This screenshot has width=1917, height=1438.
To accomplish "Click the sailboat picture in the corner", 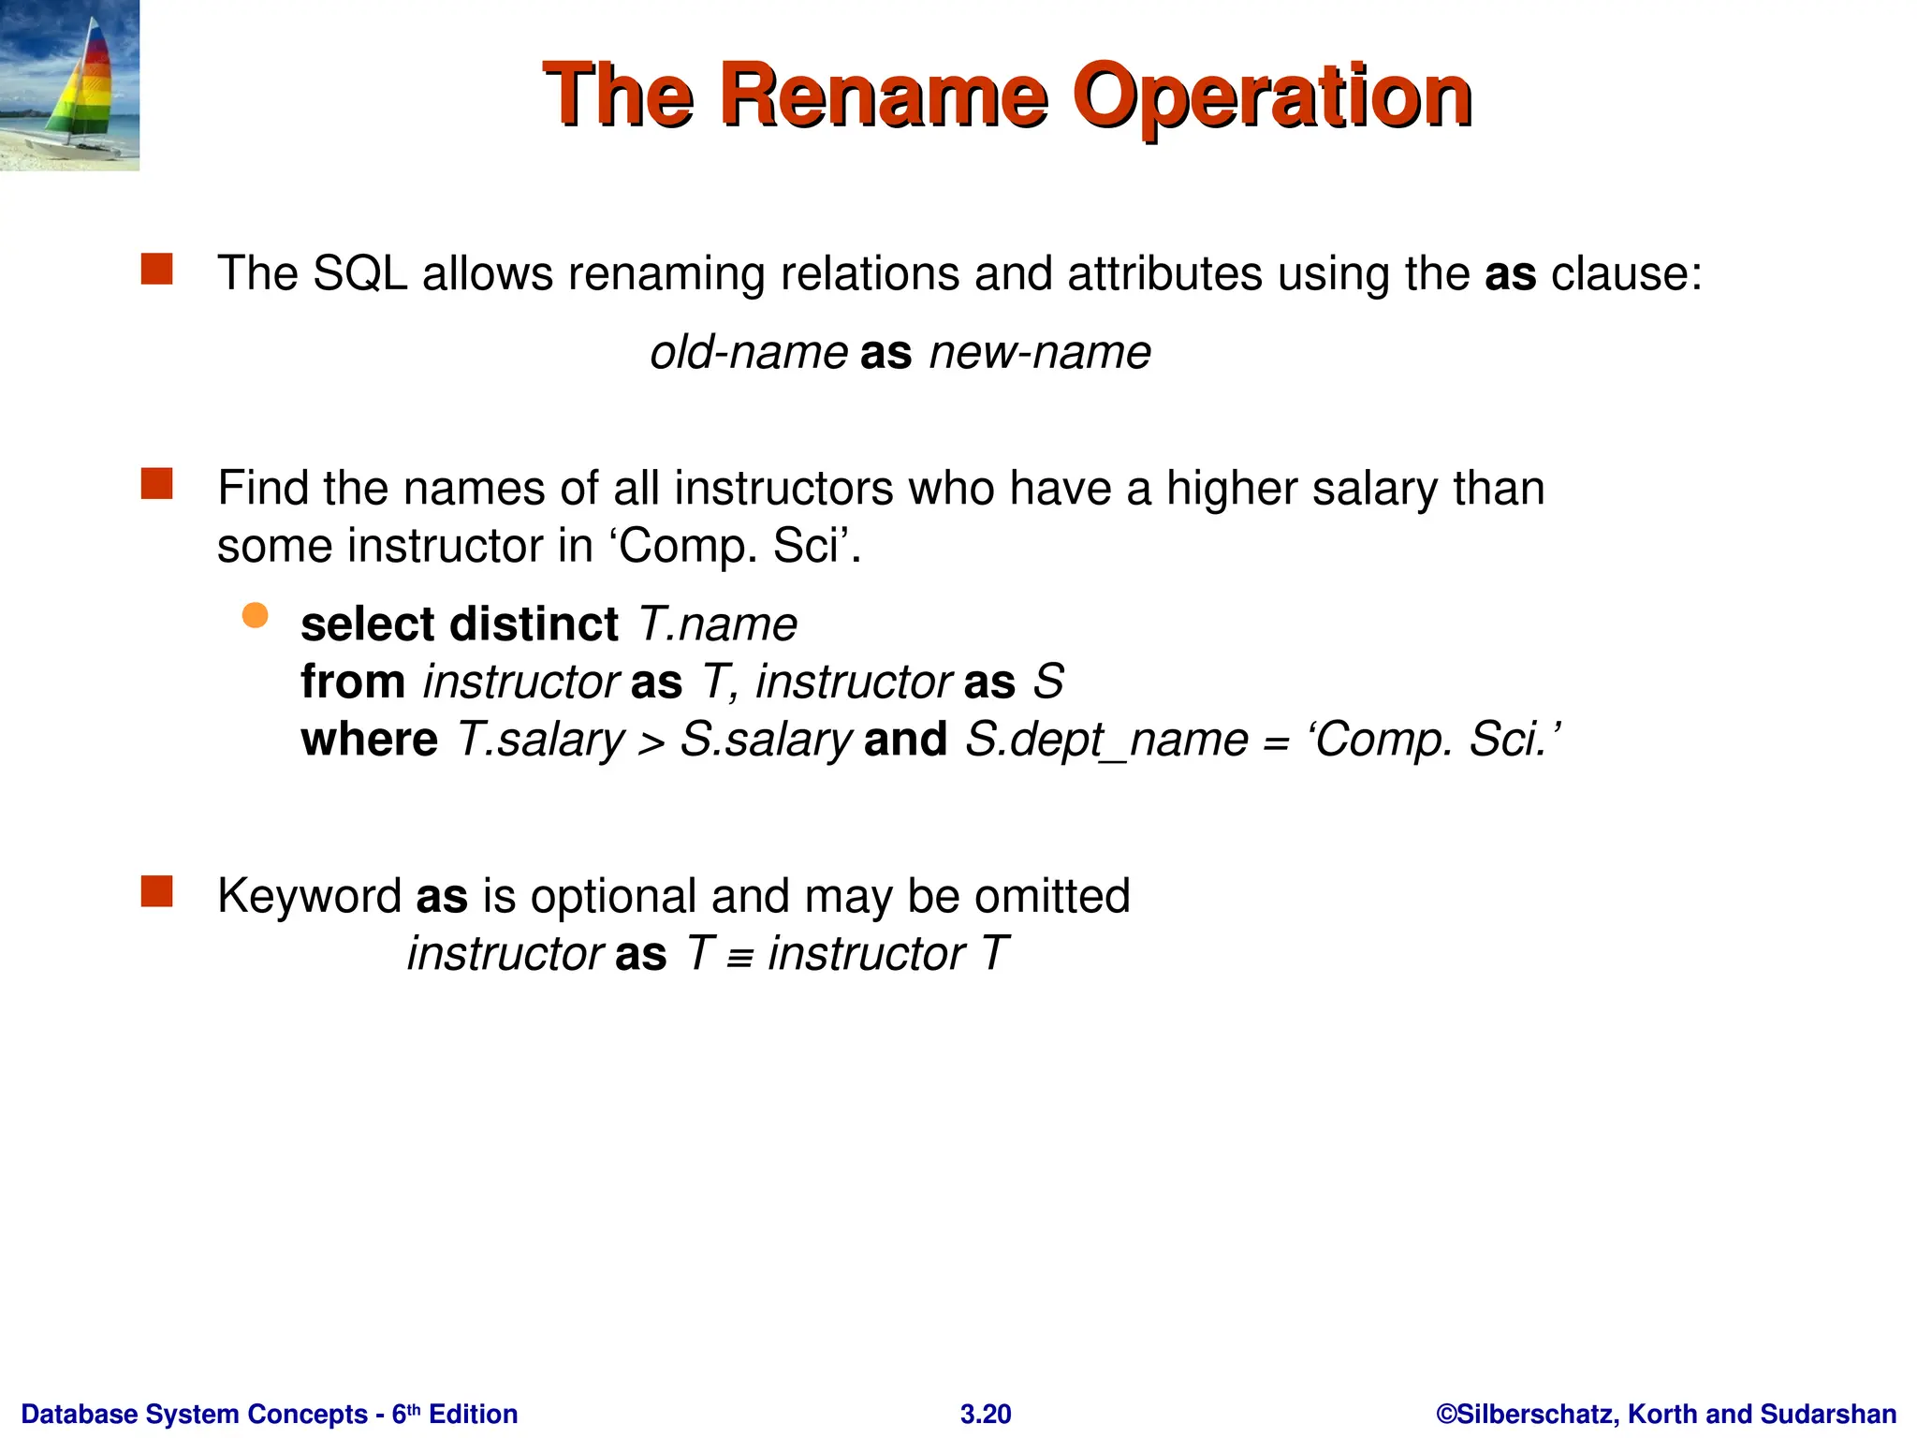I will coord(69,85).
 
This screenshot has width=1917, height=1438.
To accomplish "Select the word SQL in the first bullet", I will coord(359,274).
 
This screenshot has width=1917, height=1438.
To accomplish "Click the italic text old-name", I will coord(749,353).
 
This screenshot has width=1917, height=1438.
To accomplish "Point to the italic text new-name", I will coord(1040,353).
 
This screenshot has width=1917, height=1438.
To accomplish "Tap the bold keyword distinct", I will coord(534,624).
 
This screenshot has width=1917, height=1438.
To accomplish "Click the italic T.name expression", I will coord(717,624).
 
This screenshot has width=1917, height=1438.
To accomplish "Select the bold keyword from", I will coord(353,682).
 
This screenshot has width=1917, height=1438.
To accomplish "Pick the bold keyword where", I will coord(369,740).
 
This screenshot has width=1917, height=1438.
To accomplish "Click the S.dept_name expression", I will coord(1106,740).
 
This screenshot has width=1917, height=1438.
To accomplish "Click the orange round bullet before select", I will coord(255,615).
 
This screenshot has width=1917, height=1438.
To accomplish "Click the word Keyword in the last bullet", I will coord(309,896).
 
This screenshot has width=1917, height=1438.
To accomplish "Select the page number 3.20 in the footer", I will coord(986,1414).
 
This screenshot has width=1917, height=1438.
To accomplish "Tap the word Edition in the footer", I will coord(473,1414).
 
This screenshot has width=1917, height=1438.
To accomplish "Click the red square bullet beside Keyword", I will coord(157,891).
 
